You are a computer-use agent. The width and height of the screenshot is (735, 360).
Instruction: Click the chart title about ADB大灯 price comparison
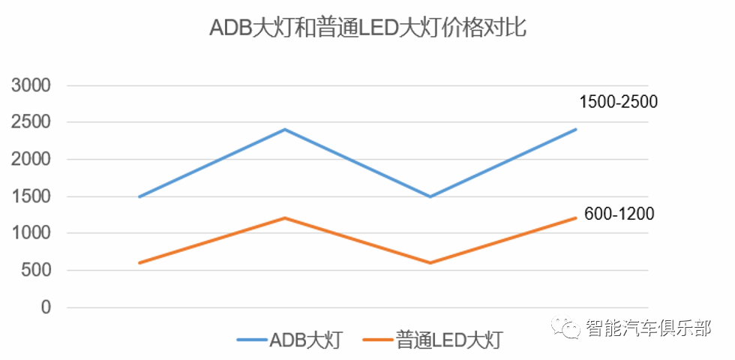click(x=367, y=29)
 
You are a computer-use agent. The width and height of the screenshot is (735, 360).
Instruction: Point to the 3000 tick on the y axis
click(x=31, y=85)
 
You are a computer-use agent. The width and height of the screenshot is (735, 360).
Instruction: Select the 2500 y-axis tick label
click(x=31, y=122)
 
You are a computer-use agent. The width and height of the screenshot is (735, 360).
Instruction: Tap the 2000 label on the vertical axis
click(x=31, y=160)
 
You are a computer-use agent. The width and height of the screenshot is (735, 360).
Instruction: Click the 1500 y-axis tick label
click(x=31, y=196)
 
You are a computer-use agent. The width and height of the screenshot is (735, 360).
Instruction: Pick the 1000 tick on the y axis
click(x=31, y=233)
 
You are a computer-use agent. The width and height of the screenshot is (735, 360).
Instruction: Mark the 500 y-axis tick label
click(x=37, y=271)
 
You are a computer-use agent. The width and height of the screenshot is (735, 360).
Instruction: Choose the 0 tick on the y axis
click(x=46, y=307)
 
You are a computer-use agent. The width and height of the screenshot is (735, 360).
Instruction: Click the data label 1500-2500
click(x=618, y=102)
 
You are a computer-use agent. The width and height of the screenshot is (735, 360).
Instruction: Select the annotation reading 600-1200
click(x=619, y=214)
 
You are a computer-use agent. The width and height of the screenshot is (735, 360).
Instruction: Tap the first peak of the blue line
click(x=285, y=130)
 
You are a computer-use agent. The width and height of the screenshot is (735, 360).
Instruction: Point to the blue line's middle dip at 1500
click(x=430, y=196)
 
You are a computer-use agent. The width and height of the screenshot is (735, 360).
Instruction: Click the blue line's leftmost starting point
click(x=140, y=196)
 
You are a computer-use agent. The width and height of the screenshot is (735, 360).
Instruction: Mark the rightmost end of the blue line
click(x=575, y=130)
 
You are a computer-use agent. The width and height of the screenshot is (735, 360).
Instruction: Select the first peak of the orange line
click(x=285, y=218)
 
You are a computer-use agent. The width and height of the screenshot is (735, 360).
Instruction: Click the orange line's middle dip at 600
click(x=430, y=262)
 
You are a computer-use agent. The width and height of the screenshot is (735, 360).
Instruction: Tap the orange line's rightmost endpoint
click(x=575, y=218)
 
